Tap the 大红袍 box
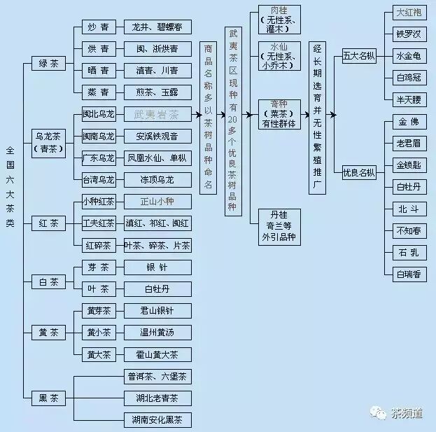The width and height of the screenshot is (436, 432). coord(409,13)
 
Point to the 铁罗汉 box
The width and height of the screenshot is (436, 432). coord(409,34)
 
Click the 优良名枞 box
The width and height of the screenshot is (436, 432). coord(359,172)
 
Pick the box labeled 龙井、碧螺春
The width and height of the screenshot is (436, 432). coord(157,27)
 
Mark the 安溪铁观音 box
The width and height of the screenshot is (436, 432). coord(157,136)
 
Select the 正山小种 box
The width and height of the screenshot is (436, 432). coord(157,202)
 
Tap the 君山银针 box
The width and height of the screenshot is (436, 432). coord(157,310)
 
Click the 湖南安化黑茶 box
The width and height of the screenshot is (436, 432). coord(157,420)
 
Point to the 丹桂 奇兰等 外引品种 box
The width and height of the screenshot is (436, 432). coord(279,224)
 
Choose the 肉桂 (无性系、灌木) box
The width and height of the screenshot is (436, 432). coord(279,20)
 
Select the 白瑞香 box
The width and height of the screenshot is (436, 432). coord(409,274)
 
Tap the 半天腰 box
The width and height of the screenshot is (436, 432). coord(409,99)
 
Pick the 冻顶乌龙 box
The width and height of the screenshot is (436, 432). coord(157,179)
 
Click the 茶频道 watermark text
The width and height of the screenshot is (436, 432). coord(407,413)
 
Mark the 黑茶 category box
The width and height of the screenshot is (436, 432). coord(49,398)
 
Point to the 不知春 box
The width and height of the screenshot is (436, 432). coord(409,230)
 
